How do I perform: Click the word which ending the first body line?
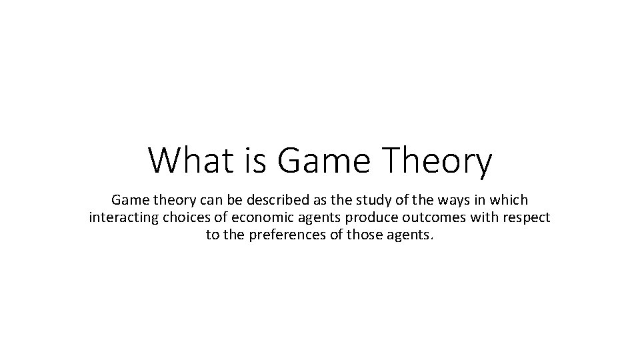507,199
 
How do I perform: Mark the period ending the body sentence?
431,238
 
